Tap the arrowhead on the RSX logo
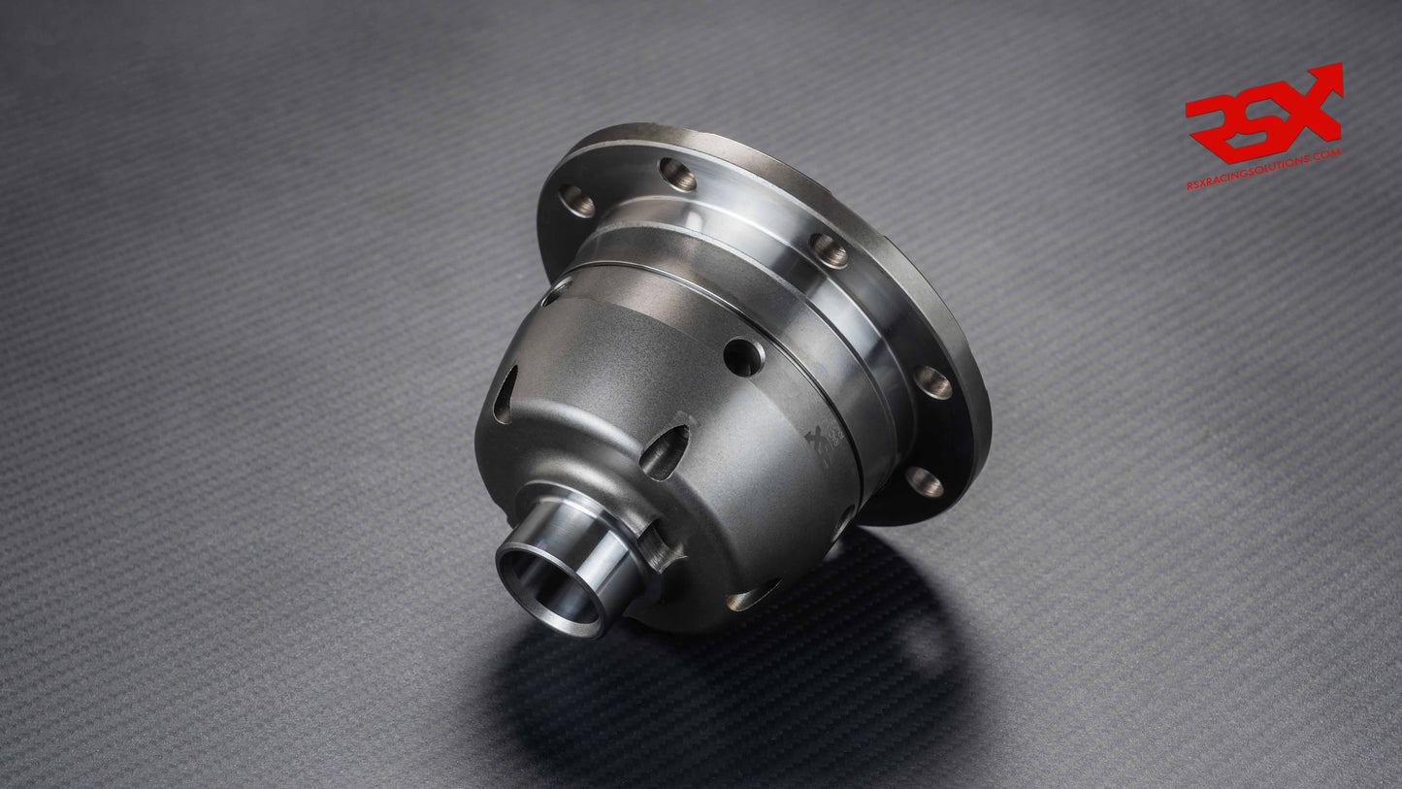pyautogui.click(x=1330, y=78)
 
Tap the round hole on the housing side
pyautogui.click(x=742, y=357)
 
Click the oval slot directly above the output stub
pyautogui.click(x=665, y=451)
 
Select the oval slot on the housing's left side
pyautogui.click(x=505, y=394)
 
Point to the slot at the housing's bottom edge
pyautogui.click(x=752, y=596)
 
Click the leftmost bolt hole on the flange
pyautogui.click(x=576, y=201)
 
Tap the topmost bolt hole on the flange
pyautogui.click(x=677, y=174)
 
